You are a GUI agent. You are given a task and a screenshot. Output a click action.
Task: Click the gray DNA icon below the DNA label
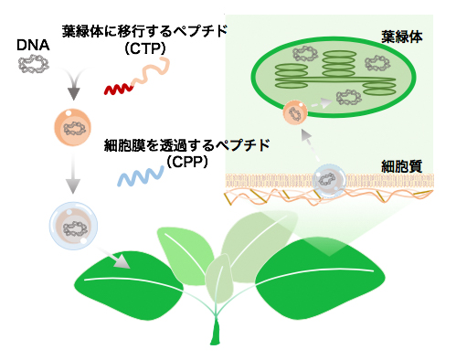33,66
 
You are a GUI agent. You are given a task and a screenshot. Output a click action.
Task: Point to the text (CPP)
188,161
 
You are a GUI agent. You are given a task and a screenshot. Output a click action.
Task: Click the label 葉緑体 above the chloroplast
403,39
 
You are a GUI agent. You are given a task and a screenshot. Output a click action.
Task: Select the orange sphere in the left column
70,128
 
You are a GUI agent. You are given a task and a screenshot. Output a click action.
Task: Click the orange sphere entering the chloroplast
295,114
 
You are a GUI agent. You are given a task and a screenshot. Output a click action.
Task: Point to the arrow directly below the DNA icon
69,91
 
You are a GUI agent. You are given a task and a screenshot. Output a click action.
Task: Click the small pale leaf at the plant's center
218,278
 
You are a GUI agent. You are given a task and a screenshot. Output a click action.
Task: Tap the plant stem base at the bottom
217,333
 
